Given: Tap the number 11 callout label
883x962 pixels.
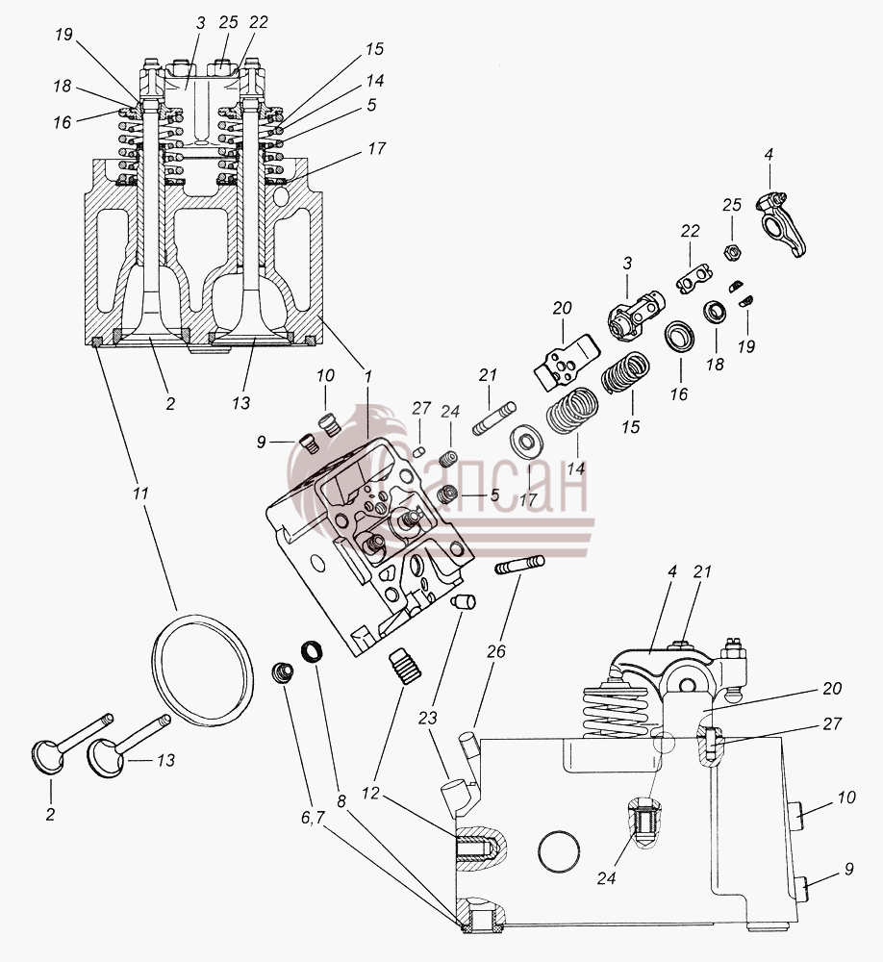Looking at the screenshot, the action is click(x=140, y=494).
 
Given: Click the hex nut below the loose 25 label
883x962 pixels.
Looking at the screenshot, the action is click(x=733, y=251).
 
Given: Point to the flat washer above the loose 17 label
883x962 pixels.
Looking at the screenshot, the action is click(x=525, y=442).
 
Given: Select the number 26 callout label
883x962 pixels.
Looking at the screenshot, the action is click(x=495, y=651).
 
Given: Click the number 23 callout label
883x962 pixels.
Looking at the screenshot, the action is click(x=427, y=717).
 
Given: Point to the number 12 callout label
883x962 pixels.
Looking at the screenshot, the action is click(x=370, y=794).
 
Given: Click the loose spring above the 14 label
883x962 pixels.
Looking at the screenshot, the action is click(x=572, y=411).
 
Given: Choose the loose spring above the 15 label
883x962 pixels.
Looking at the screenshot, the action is click(x=624, y=371).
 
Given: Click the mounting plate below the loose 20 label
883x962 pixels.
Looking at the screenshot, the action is click(x=566, y=362).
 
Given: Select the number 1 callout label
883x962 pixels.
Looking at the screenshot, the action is click(x=368, y=377).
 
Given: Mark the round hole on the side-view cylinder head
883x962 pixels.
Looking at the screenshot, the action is click(x=559, y=850).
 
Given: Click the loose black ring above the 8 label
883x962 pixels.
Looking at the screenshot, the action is click(x=313, y=651).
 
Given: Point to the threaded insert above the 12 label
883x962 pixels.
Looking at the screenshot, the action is click(x=405, y=665).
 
